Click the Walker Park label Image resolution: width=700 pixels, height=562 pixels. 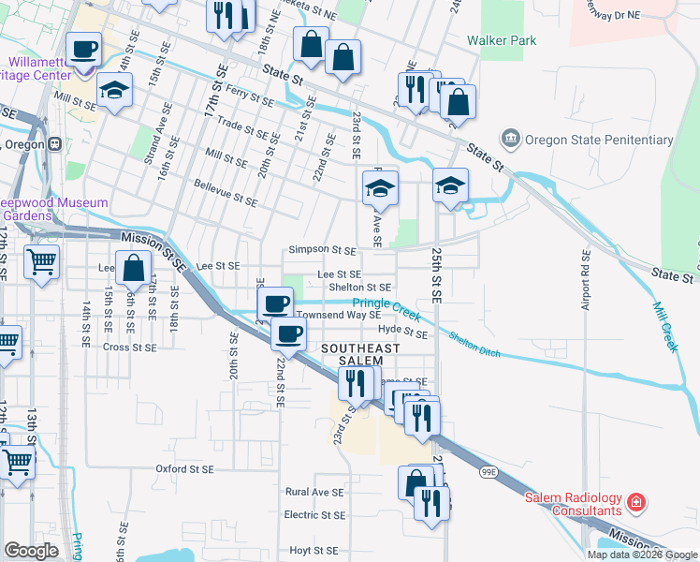point(503,41)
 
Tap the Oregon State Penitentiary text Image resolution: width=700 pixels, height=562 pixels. point(599,140)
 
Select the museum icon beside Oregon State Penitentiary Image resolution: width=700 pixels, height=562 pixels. point(511,140)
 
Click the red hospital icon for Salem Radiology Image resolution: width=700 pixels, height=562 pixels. point(636,503)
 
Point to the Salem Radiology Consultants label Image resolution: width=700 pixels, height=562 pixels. point(586,504)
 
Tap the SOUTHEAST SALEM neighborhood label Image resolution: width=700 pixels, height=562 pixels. point(360,354)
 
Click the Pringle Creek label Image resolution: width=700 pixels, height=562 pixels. point(386,303)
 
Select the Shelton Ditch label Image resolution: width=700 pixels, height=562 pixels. point(474,346)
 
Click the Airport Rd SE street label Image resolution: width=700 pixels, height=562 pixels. point(587,280)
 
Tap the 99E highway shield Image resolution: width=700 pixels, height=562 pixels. point(489,474)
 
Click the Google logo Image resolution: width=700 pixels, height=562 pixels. point(32,551)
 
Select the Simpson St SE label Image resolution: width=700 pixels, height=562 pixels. point(322,251)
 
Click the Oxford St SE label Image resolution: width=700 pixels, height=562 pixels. point(184,468)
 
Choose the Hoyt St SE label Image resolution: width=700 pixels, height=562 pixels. point(313,551)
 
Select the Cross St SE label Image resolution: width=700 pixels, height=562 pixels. point(129,347)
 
